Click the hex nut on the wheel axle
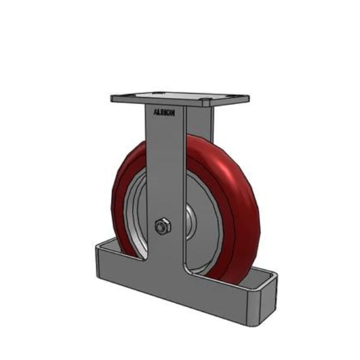click(x=163, y=227)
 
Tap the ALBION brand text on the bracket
click(x=164, y=112)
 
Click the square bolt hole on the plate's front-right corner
click(x=207, y=99)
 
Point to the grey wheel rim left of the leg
click(x=136, y=210)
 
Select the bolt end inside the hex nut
click(x=161, y=227)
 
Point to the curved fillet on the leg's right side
click(x=187, y=268)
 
